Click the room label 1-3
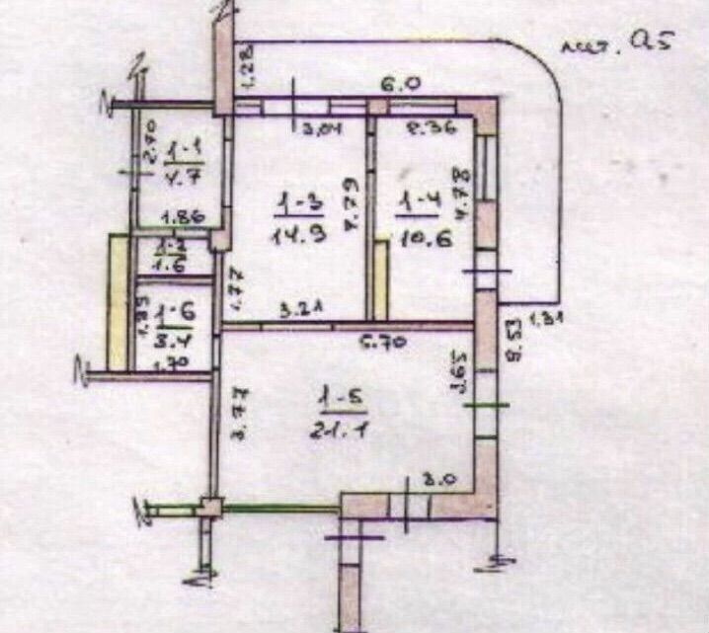click(295, 205)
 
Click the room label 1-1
click(184, 150)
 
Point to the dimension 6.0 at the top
click(396, 86)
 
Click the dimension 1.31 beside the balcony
click(546, 318)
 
